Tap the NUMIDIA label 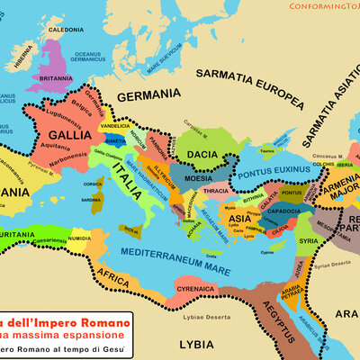(79, 239)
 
